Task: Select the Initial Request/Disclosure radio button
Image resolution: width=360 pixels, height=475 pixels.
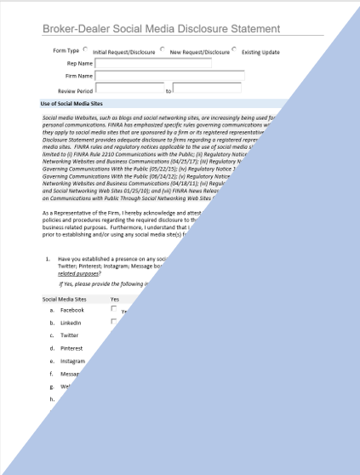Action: [86, 49]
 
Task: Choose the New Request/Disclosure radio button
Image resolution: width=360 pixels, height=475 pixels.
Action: [163, 49]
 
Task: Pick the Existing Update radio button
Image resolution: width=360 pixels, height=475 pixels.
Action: [234, 49]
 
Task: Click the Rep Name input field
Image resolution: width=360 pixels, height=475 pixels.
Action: [153, 63]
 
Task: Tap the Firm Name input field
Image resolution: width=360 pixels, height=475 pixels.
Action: [169, 76]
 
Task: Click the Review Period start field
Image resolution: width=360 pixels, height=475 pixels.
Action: [129, 89]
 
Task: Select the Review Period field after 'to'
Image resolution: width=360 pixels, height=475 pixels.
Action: [207, 89]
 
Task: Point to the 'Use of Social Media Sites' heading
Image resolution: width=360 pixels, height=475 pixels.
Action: [72, 103]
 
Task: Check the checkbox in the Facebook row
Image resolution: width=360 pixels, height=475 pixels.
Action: [114, 309]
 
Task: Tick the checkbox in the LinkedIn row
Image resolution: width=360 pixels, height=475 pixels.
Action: [114, 322]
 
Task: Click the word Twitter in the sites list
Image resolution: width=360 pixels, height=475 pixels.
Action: [69, 335]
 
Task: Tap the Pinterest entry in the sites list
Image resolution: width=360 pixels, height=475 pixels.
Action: [71, 348]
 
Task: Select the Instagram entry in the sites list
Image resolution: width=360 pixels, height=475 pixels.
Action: [72, 361]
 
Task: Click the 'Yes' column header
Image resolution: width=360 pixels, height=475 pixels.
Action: [115, 299]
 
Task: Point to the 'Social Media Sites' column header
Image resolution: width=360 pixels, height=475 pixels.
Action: [64, 299]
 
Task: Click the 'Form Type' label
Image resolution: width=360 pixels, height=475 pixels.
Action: [66, 50]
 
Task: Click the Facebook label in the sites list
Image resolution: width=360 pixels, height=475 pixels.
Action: [71, 310]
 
